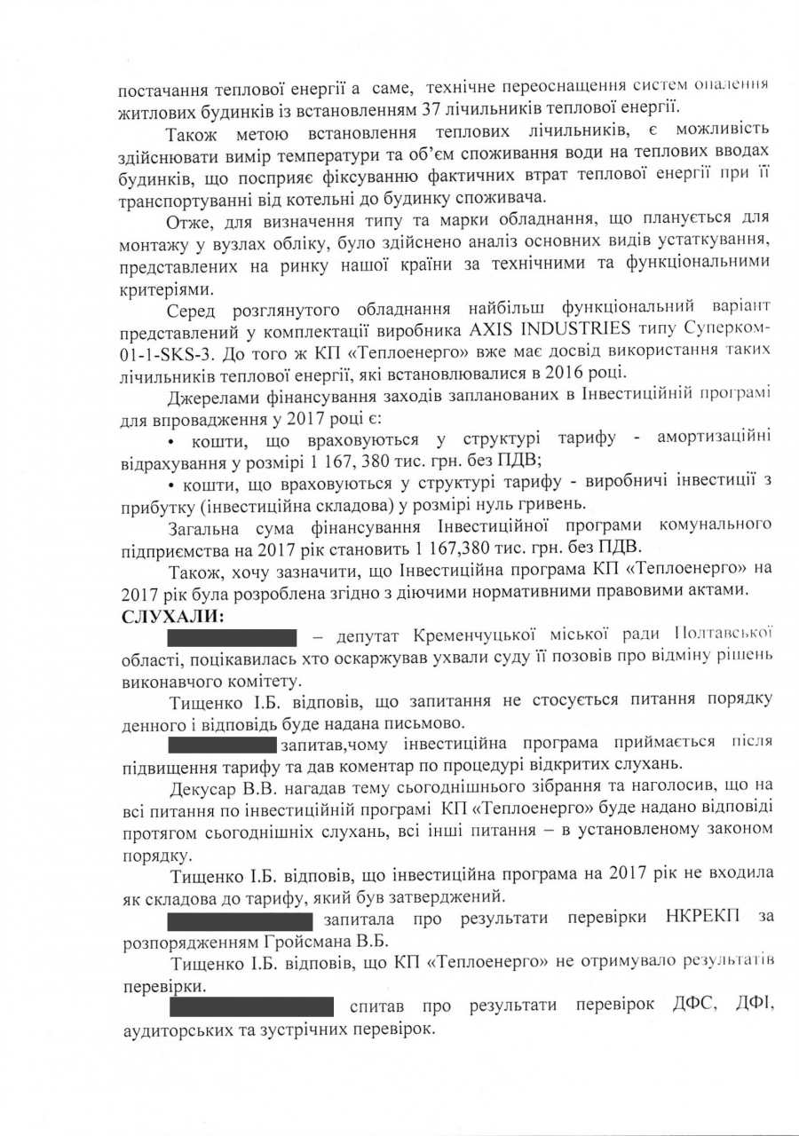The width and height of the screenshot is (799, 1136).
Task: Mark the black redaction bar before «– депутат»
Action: (232, 636)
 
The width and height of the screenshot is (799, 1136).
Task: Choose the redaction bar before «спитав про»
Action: (252, 1006)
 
